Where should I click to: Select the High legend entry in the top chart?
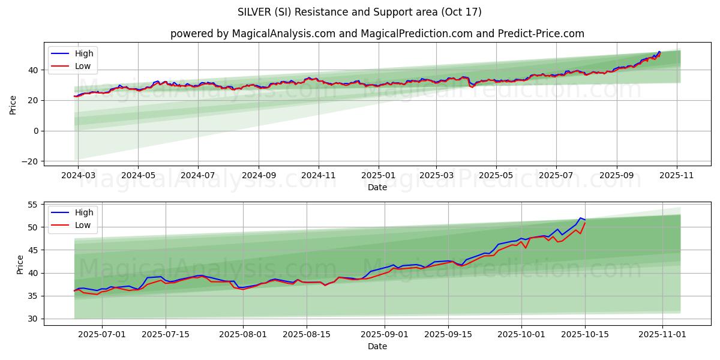coord(84,53)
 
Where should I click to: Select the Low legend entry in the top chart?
coord(83,66)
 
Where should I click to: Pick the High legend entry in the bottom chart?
coord(84,212)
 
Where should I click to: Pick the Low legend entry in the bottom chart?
coord(83,225)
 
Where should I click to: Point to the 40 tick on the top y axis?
coord(32,70)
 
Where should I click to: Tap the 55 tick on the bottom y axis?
coord(32,205)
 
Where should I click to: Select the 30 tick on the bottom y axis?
coord(32,319)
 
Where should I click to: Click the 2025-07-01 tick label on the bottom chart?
coord(101,334)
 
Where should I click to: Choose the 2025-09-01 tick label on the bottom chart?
coord(385,334)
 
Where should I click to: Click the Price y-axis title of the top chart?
coord(13,104)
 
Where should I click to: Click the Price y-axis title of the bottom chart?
coord(20,264)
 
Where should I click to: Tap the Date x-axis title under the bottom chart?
coord(377,346)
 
